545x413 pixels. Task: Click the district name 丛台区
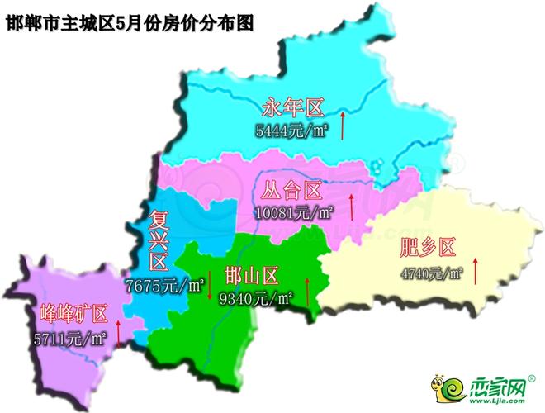[x=290, y=192]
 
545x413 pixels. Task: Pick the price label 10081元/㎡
[x=294, y=212]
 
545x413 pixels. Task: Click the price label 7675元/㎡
[x=165, y=287]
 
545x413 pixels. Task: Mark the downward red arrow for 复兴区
[x=210, y=286]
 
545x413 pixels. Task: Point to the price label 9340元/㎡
[x=256, y=298]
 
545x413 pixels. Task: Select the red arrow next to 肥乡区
[x=476, y=271]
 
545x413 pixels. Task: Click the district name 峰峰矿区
[x=74, y=314]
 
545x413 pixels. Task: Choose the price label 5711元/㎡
[x=70, y=338]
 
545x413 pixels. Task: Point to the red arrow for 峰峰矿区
[x=119, y=332]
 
